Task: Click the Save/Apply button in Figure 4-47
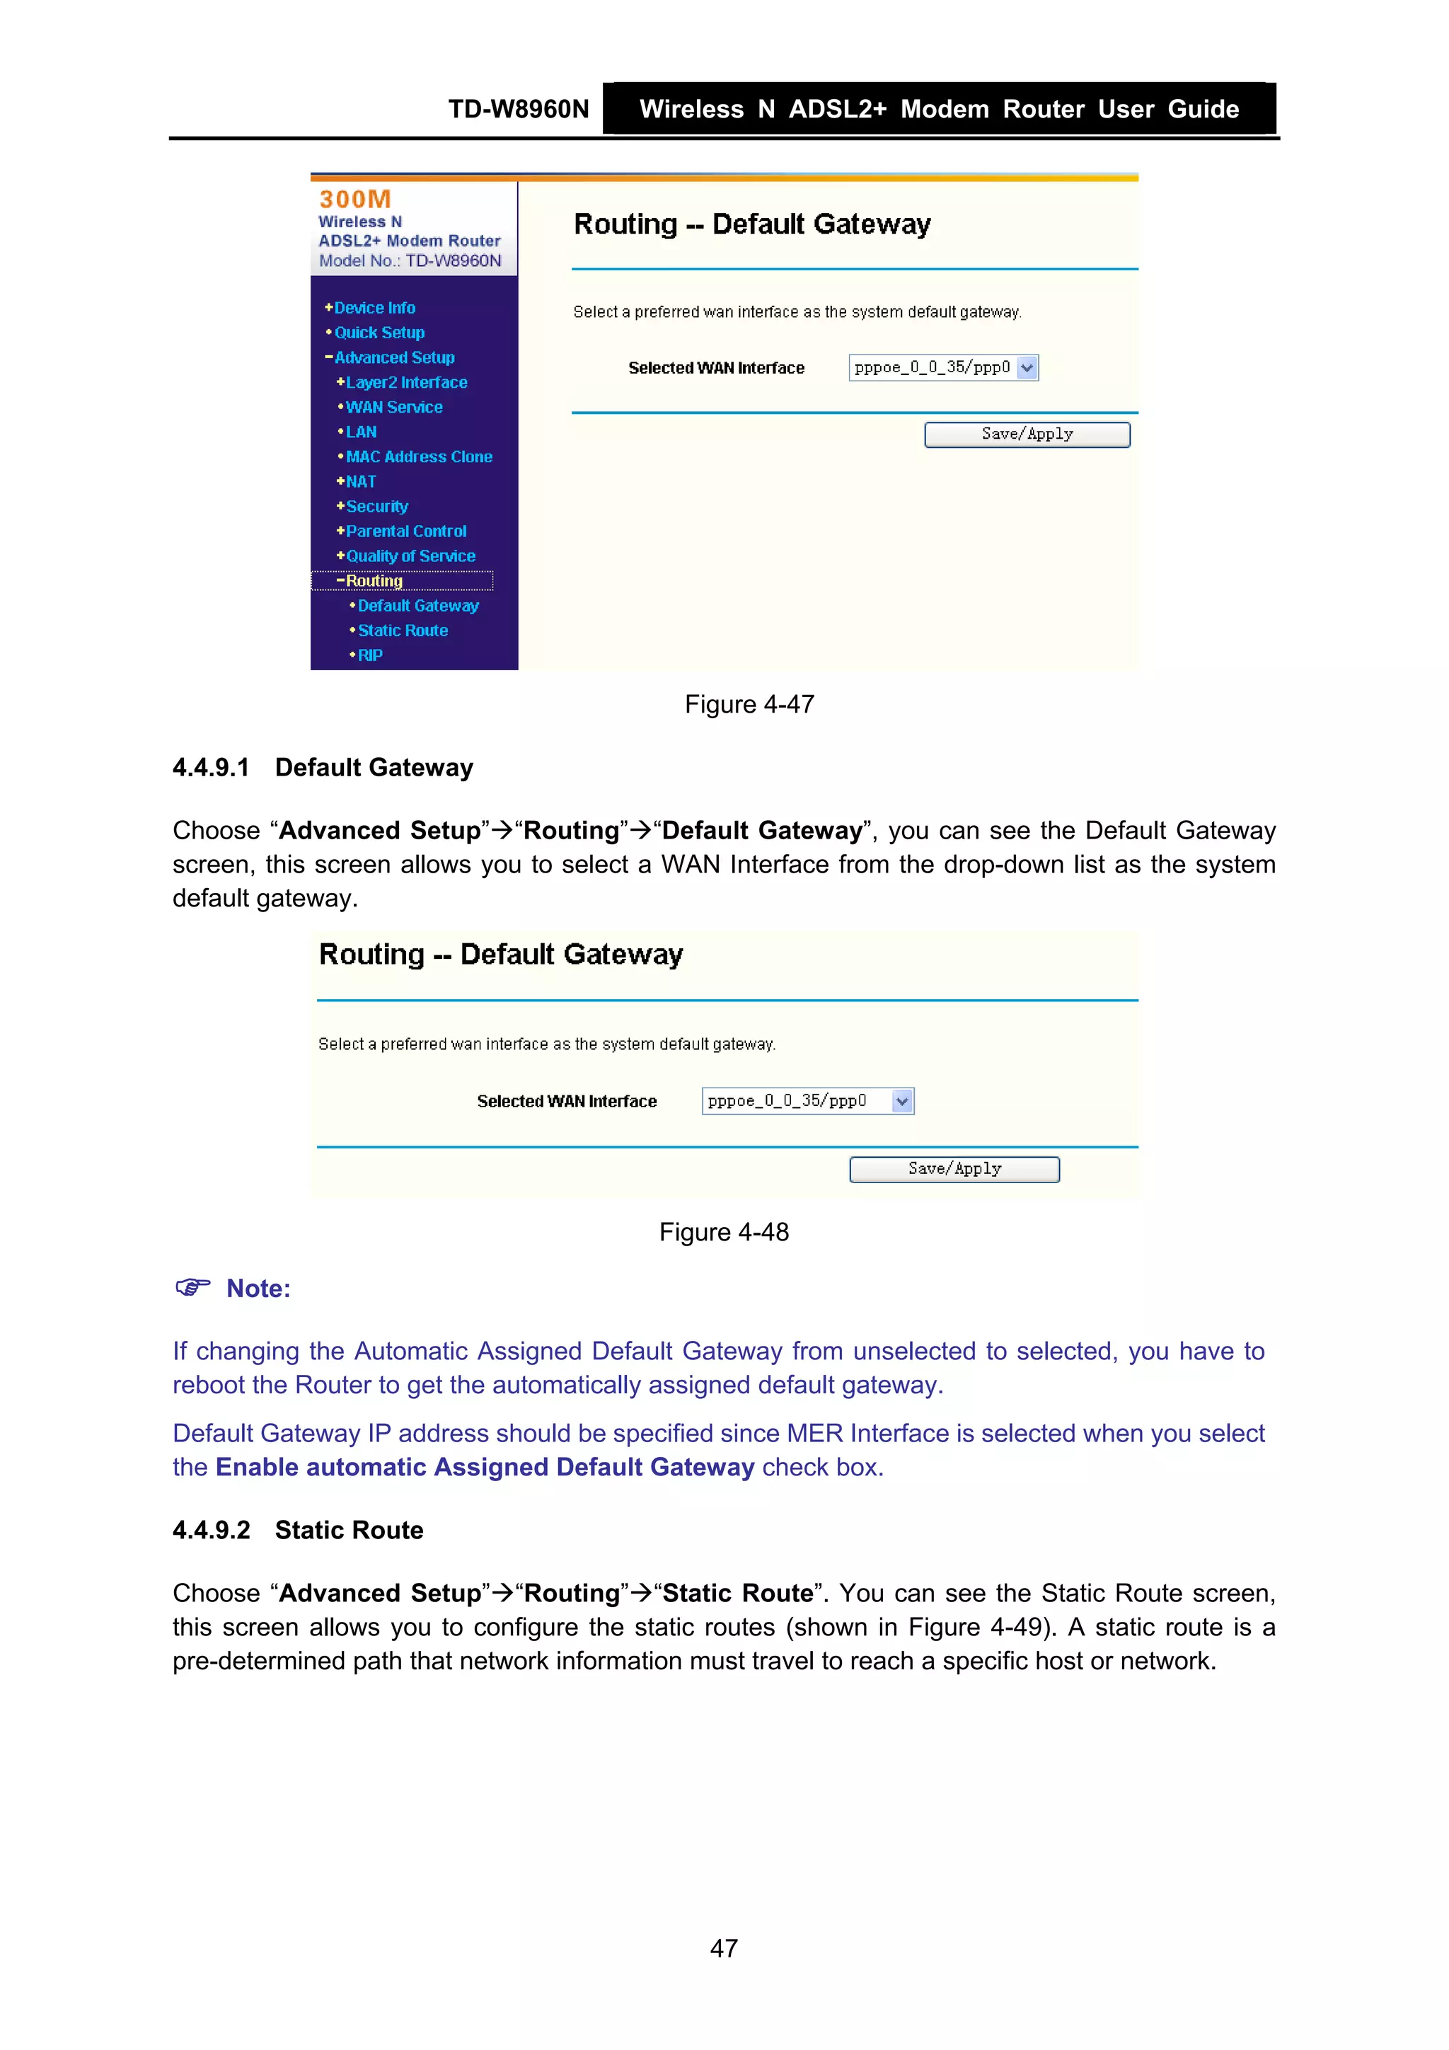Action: pos(1027,434)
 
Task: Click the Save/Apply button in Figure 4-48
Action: pos(954,1169)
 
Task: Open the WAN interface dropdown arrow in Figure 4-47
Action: pos(1027,368)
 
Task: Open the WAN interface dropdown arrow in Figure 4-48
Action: pos(901,1101)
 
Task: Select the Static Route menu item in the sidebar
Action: pos(403,630)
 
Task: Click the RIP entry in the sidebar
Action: pos(369,655)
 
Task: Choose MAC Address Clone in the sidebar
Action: pos(419,456)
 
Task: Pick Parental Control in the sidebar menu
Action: pos(405,531)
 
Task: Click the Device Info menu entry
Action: pos(374,307)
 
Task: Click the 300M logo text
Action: pos(355,199)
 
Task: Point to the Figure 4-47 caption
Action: pos(749,705)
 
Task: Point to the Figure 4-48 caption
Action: pos(723,1232)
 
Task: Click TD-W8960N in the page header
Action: pos(518,109)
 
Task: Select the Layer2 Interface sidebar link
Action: pos(406,382)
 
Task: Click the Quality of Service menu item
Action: pos(410,556)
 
